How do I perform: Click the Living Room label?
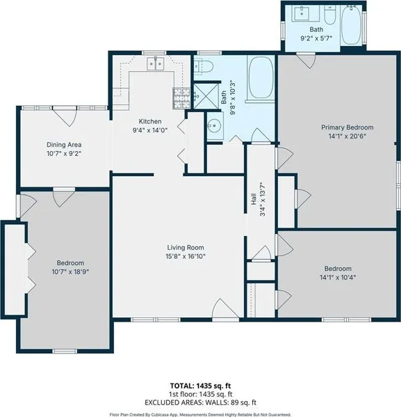[186, 247]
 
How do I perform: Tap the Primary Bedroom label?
[347, 127]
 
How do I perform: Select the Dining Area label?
[64, 145]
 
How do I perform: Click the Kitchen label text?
[150, 121]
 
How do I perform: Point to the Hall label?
[254, 199]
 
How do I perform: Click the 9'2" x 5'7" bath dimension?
[316, 38]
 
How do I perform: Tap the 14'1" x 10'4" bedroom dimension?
[338, 277]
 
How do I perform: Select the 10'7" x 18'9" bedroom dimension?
[70, 272]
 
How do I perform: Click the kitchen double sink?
[156, 64]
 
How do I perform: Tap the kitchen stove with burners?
[181, 98]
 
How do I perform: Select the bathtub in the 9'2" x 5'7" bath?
[351, 25]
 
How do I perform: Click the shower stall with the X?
[206, 96]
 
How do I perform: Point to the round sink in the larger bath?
[214, 125]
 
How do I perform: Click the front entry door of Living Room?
[225, 308]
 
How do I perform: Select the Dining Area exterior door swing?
[65, 116]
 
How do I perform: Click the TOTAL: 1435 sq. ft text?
[200, 386]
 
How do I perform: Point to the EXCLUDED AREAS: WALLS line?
[200, 402]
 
